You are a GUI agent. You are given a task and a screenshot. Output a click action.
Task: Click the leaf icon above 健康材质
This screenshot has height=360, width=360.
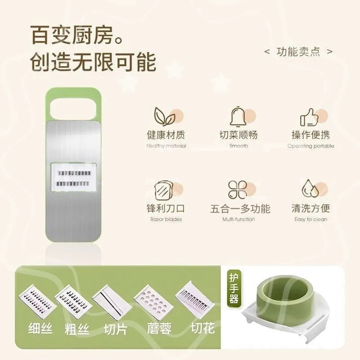(164, 116)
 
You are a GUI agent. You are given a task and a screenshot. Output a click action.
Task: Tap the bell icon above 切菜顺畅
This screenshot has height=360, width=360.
(238, 117)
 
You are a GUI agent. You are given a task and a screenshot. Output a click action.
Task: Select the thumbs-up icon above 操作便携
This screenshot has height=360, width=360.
(310, 117)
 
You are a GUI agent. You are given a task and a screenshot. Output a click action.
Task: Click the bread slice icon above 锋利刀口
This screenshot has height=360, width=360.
(164, 190)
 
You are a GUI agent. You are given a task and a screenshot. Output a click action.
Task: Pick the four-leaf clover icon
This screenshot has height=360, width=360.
(238, 190)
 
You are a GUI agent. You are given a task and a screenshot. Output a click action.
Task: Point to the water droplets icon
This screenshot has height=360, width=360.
(310, 188)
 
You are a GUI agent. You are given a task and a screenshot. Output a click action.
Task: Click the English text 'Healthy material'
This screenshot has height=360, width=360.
(166, 146)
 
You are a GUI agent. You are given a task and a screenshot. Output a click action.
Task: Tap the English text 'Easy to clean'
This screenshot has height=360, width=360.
(310, 219)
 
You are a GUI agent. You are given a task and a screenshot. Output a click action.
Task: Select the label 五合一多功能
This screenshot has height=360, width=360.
(240, 208)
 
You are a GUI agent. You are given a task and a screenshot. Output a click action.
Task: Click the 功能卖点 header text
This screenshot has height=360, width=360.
(298, 52)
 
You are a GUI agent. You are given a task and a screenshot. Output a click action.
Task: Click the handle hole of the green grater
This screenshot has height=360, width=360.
(73, 108)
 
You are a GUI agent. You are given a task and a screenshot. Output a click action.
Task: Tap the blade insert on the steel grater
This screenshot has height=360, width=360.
(73, 177)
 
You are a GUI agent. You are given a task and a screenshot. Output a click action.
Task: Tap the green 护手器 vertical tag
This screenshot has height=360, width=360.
(234, 289)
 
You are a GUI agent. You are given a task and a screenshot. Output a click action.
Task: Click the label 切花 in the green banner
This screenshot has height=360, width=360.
(203, 328)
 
